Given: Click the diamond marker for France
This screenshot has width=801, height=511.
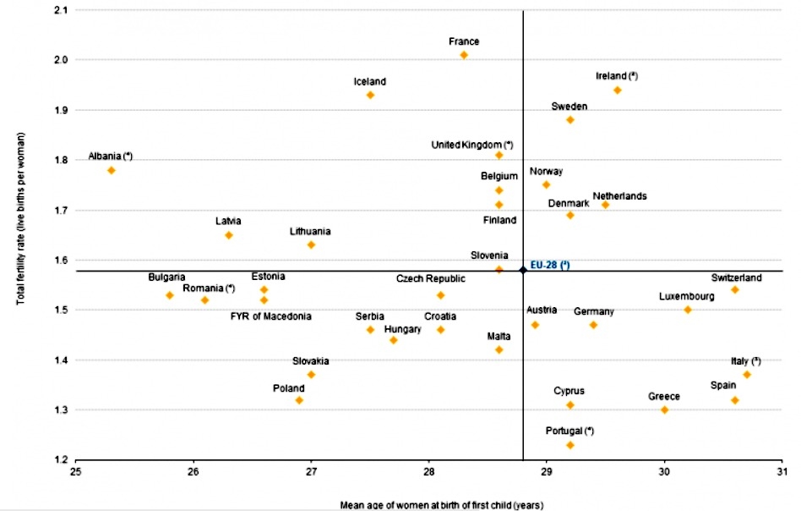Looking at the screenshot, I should click(464, 55).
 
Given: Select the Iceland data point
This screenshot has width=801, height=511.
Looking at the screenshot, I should click(370, 95).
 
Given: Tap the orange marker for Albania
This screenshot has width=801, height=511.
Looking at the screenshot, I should click(111, 170).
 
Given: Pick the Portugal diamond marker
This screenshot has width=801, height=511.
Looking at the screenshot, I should click(570, 445).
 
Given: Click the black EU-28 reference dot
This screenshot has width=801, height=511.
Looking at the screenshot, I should click(523, 270).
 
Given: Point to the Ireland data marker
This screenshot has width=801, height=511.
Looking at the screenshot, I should click(618, 90).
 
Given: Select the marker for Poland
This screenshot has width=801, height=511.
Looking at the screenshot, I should click(299, 400).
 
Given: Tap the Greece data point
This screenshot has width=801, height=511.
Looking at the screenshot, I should click(664, 409).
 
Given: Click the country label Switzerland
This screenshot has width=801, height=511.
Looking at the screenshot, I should click(737, 277).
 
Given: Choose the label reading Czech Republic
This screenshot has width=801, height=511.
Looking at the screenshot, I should click(431, 278).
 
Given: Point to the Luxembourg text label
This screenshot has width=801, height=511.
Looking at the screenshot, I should click(687, 296).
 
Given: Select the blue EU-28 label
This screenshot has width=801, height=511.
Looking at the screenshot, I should click(550, 265).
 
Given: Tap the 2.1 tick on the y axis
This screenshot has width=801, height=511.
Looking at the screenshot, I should click(61, 10).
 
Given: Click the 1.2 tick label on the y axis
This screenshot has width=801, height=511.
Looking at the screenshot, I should click(61, 460).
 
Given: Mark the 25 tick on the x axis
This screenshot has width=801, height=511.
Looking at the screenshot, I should click(76, 472).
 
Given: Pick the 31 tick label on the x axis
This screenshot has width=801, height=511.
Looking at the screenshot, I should click(782, 472).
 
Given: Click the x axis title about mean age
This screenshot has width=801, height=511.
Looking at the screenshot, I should click(428, 505).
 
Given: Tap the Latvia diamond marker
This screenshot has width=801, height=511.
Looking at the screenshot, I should click(228, 235).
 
